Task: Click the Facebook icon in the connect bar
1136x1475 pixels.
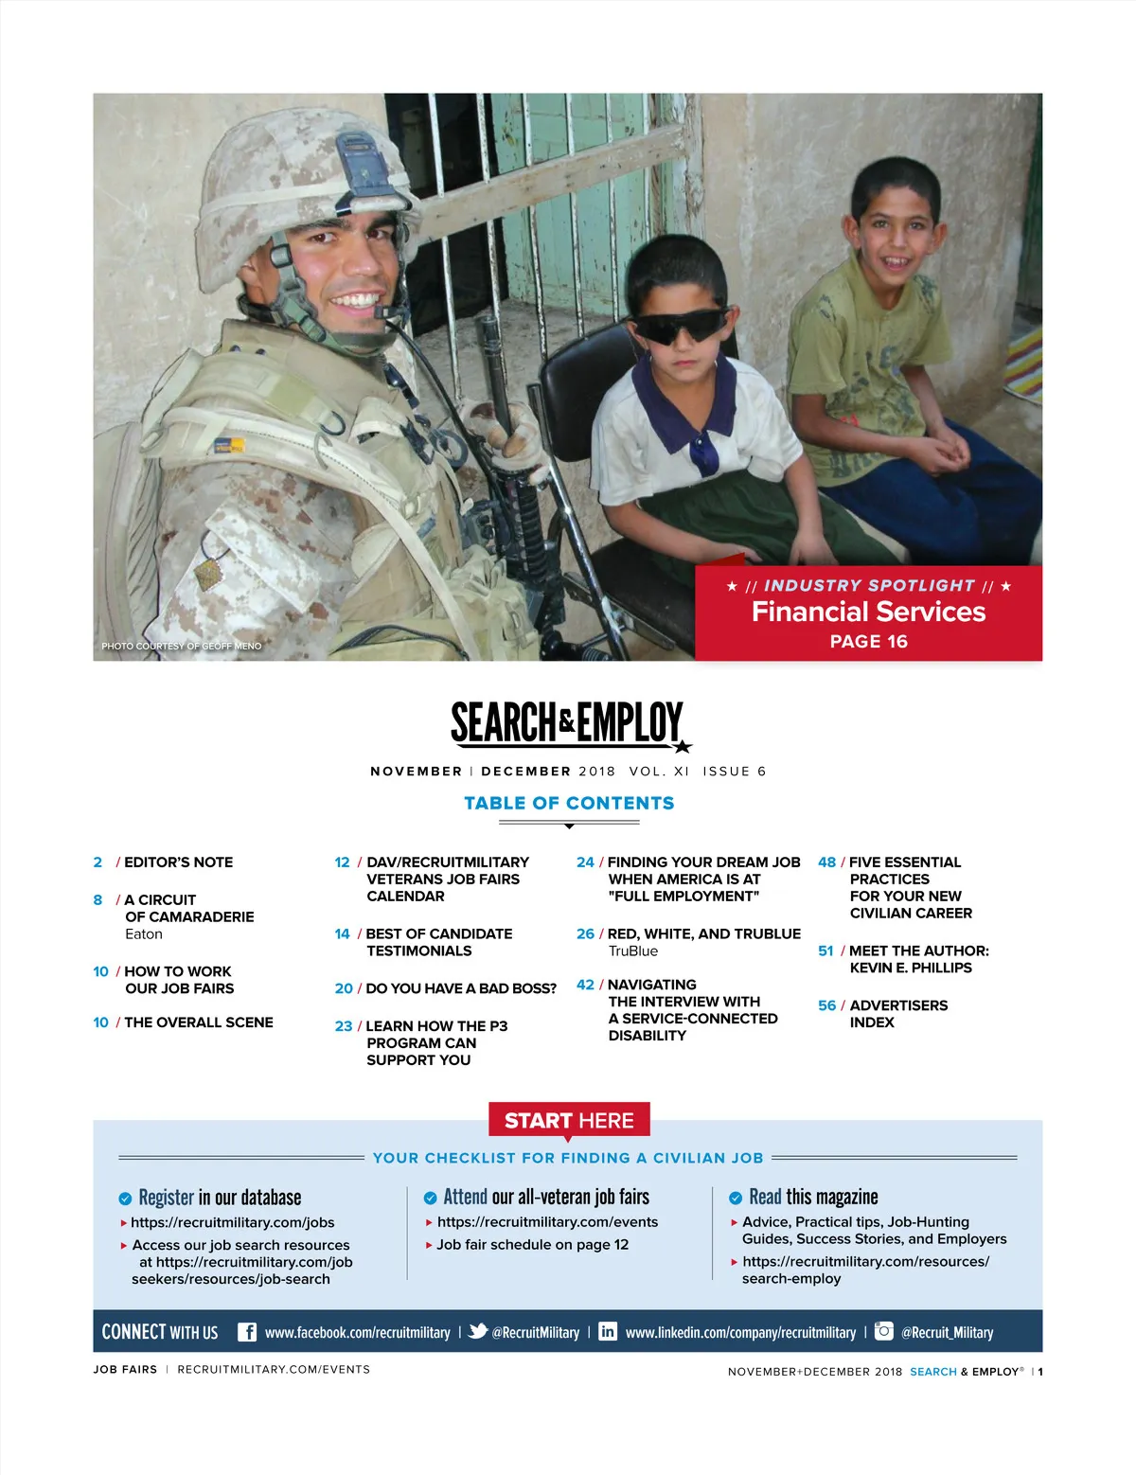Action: click(x=246, y=1332)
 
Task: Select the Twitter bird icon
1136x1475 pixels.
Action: click(x=478, y=1331)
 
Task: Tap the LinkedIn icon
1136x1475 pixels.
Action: click(x=608, y=1332)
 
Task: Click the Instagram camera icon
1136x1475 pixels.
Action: click(x=883, y=1331)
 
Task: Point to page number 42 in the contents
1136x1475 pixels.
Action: click(x=585, y=985)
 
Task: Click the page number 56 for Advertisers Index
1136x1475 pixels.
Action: click(x=826, y=1005)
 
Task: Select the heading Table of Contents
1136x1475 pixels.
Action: click(x=569, y=803)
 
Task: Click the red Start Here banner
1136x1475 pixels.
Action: click(x=569, y=1121)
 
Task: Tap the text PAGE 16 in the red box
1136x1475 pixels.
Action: click(x=868, y=642)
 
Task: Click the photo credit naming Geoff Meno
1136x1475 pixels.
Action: click(x=182, y=646)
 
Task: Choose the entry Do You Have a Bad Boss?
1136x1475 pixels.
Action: click(x=461, y=988)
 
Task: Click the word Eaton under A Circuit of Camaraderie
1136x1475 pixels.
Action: click(x=144, y=934)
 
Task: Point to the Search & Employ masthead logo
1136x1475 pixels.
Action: click(x=568, y=723)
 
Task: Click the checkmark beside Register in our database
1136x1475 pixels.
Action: click(x=125, y=1199)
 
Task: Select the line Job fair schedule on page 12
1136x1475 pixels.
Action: click(x=532, y=1245)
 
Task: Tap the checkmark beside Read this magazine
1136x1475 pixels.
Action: click(x=736, y=1199)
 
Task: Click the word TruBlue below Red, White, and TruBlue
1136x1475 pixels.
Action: click(x=632, y=951)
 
